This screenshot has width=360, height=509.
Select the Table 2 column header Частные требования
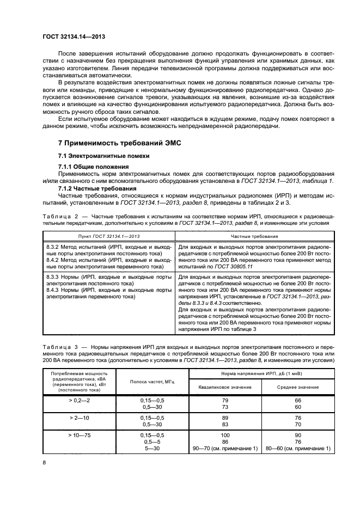click(254, 236)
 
